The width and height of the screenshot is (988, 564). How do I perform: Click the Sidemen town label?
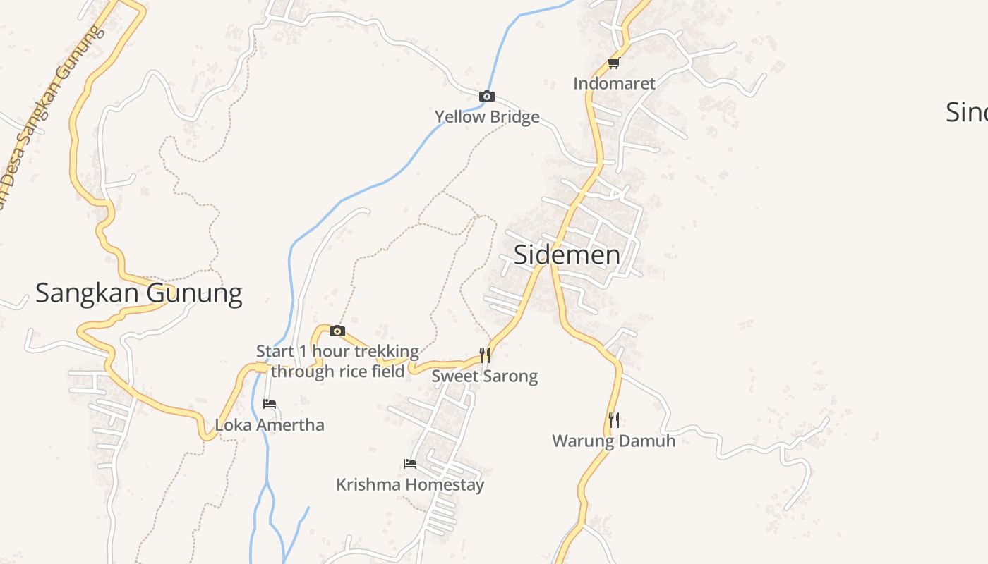click(567, 255)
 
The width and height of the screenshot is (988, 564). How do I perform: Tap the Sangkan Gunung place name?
click(139, 293)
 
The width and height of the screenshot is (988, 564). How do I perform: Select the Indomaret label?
click(614, 83)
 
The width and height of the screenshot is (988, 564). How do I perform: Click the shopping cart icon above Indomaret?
click(613, 63)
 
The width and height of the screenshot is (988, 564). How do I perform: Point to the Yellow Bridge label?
click(487, 116)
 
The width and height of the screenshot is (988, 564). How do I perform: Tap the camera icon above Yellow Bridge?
click(487, 97)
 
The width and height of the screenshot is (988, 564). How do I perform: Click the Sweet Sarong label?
click(485, 376)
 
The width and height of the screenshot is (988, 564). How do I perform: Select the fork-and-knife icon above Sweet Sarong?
click(485, 355)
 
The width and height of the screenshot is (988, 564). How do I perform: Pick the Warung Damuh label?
click(614, 441)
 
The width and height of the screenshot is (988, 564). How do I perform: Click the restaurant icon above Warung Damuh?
click(614, 419)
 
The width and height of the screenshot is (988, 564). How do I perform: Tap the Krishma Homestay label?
click(410, 484)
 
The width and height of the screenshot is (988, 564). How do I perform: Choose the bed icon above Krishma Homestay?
click(409, 464)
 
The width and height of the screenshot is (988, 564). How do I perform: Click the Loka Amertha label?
click(270, 425)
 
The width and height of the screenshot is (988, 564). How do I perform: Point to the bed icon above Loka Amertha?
click(270, 404)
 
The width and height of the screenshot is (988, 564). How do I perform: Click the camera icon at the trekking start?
click(337, 331)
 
